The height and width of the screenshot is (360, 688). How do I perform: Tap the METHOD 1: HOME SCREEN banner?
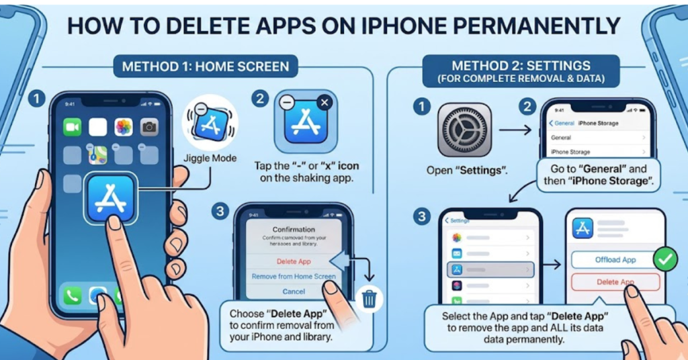[206, 67]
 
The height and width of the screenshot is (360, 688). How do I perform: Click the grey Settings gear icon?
[464, 130]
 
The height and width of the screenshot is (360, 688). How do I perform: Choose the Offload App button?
[615, 260]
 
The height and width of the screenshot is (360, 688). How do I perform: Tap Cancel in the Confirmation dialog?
[294, 291]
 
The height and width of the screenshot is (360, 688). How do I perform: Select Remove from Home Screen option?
[294, 276]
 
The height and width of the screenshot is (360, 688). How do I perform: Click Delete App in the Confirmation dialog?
[294, 261]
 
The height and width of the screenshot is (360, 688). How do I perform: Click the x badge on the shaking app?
[324, 103]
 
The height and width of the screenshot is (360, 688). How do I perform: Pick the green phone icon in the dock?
[72, 296]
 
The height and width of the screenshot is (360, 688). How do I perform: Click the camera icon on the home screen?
[149, 127]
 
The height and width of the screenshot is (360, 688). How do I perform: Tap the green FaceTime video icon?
[72, 127]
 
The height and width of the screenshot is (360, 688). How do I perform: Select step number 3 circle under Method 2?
[421, 217]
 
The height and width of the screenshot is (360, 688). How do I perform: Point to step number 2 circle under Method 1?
[260, 99]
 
